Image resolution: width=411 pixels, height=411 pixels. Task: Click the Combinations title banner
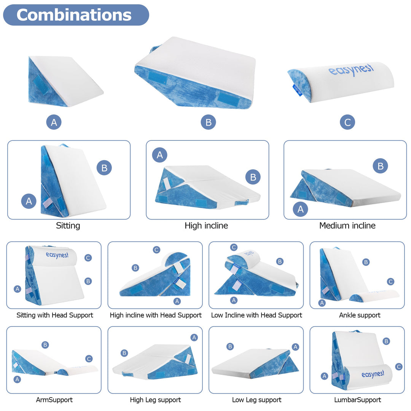click(76, 15)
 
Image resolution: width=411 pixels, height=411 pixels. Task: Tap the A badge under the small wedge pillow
click(54, 122)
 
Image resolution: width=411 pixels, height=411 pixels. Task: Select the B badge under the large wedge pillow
click(208, 122)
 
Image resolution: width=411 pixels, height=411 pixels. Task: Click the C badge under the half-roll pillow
click(347, 122)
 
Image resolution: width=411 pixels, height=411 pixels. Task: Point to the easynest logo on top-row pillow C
click(351, 70)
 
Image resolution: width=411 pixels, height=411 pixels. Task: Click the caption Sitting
click(68, 226)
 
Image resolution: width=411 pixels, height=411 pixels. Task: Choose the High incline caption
click(206, 226)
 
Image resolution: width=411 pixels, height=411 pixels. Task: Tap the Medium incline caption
click(347, 226)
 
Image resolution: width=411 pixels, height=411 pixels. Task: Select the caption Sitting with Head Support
click(55, 315)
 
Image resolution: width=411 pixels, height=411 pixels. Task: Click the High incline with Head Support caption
click(156, 315)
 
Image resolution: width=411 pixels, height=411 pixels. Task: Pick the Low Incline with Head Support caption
click(256, 315)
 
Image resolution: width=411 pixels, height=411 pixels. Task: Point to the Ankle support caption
click(360, 315)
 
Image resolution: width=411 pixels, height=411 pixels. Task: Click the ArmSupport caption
click(54, 400)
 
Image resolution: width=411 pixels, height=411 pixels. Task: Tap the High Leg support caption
click(155, 400)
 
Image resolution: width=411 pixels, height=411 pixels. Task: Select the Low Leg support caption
click(256, 400)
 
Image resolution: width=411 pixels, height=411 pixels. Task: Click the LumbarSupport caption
click(357, 400)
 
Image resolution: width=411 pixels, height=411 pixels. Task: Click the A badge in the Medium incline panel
click(301, 209)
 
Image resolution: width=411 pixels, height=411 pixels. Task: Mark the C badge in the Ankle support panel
click(390, 282)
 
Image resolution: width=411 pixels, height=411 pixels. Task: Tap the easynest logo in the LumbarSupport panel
click(373, 374)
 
